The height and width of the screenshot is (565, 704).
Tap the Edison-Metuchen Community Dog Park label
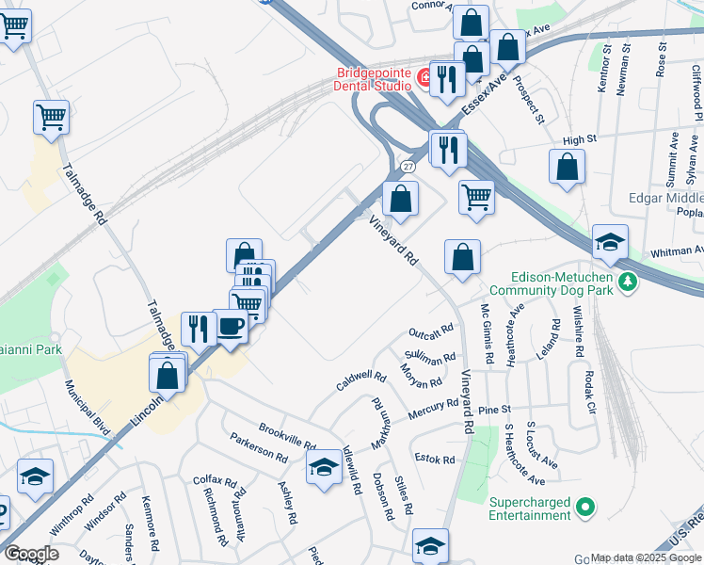point(549,283)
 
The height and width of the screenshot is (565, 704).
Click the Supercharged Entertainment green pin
point(585,508)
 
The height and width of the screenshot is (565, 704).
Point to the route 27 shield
point(408,166)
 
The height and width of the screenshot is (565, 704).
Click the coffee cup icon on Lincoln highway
point(231,328)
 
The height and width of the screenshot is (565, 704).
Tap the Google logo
point(32,554)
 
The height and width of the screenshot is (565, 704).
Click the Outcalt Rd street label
point(431,332)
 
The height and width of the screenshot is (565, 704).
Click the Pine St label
point(493,411)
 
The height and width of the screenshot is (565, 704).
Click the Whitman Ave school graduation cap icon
point(610,243)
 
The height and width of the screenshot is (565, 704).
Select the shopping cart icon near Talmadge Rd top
point(52,118)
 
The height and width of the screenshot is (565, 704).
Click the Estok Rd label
point(435,460)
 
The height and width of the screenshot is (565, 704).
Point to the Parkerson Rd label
point(259,447)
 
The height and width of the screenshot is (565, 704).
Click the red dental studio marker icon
point(424,82)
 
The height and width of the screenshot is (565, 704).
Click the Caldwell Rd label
point(361,382)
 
